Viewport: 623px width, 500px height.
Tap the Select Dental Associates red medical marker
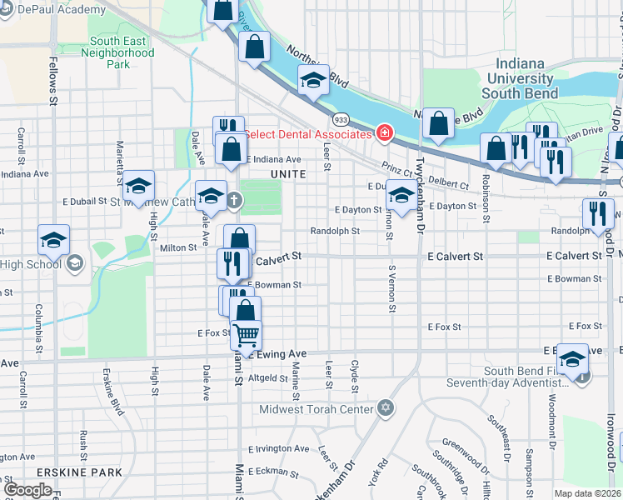click(x=385, y=133)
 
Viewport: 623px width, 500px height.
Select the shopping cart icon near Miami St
click(x=246, y=335)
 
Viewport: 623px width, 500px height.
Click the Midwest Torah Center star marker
click(x=384, y=407)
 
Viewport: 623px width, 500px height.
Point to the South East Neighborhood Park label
click(x=122, y=52)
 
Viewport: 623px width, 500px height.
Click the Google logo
click(x=27, y=490)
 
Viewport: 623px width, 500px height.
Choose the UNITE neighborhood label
click(x=288, y=173)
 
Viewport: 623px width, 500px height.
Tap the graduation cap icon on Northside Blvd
click(x=313, y=81)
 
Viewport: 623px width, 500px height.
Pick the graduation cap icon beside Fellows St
click(x=53, y=240)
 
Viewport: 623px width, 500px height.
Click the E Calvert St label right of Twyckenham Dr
click(x=456, y=257)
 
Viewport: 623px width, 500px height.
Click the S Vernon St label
click(x=390, y=289)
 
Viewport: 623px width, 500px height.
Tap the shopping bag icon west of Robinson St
click(x=437, y=125)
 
